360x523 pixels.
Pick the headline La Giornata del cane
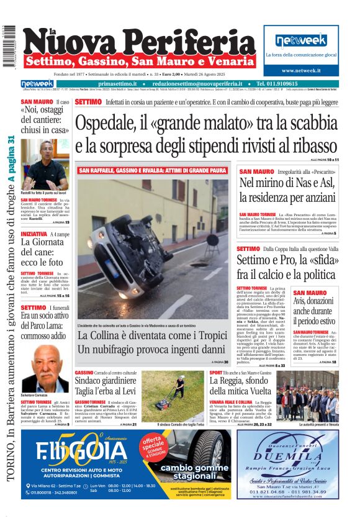42,252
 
